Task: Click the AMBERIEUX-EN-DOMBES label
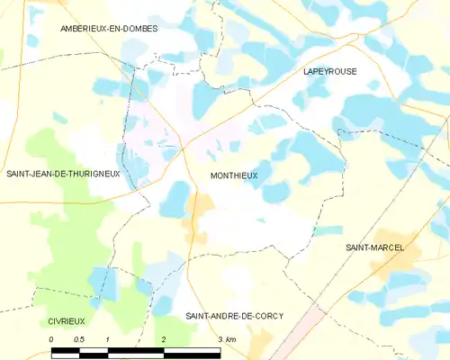pyautogui.click(x=109, y=29)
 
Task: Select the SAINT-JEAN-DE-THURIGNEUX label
pyautogui.click(x=63, y=174)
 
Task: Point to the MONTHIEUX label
pyautogui.click(x=234, y=176)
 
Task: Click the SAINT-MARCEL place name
pyautogui.click(x=374, y=247)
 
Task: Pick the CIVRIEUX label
pyautogui.click(x=55, y=320)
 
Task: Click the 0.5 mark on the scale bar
pyautogui.click(x=79, y=338)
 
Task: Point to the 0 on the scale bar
pyautogui.click(x=52, y=338)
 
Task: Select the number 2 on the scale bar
pyautogui.click(x=164, y=338)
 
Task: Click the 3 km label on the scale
pyautogui.click(x=227, y=338)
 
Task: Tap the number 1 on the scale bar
pyautogui.click(x=107, y=338)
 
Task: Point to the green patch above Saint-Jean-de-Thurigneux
pyautogui.click(x=49, y=144)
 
